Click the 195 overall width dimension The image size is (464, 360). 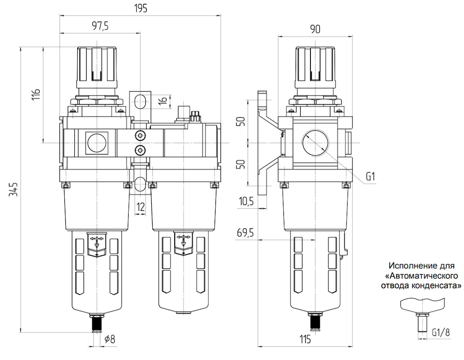[x=140, y=8]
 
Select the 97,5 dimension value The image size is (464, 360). [x=100, y=26]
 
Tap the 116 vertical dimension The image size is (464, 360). [x=36, y=94]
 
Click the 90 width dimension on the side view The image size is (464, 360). [x=316, y=29]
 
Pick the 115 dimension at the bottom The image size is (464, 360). [x=305, y=339]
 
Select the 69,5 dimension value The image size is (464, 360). [x=245, y=233]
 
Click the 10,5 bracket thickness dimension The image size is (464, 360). [x=246, y=201]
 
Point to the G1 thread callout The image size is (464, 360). [x=370, y=177]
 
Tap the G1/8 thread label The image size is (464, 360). [x=441, y=333]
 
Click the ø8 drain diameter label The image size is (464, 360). [x=110, y=339]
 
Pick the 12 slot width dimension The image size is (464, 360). [x=141, y=206]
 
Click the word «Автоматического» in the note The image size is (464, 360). [x=421, y=276]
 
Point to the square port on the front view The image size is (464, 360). [x=97, y=143]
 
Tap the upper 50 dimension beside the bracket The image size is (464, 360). [x=242, y=122]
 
